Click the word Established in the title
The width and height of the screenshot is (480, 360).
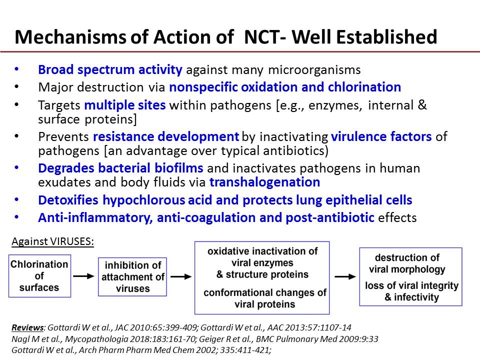[386, 37]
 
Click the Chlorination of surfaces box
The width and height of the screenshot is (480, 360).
[40, 276]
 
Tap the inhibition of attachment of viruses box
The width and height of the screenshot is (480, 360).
[132, 276]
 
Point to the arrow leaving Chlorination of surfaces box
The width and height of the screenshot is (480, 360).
[84, 276]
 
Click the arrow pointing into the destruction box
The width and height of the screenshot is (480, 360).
[345, 276]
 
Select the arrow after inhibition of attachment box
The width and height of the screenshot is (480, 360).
[181, 276]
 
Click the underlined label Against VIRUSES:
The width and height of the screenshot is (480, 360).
[52, 241]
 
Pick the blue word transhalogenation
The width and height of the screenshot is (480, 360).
[265, 182]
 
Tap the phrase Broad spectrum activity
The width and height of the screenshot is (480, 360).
[110, 70]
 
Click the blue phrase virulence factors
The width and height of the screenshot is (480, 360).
[381, 136]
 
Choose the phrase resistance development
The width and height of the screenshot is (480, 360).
[166, 136]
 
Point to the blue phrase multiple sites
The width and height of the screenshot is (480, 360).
[125, 105]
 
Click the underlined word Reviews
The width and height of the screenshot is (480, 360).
[27, 327]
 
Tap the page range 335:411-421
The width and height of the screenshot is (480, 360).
[245, 350]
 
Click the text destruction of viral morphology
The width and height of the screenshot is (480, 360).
[407, 263]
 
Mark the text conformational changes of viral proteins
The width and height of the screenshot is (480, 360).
[265, 298]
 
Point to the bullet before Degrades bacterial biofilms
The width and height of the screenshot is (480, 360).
[16, 168]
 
